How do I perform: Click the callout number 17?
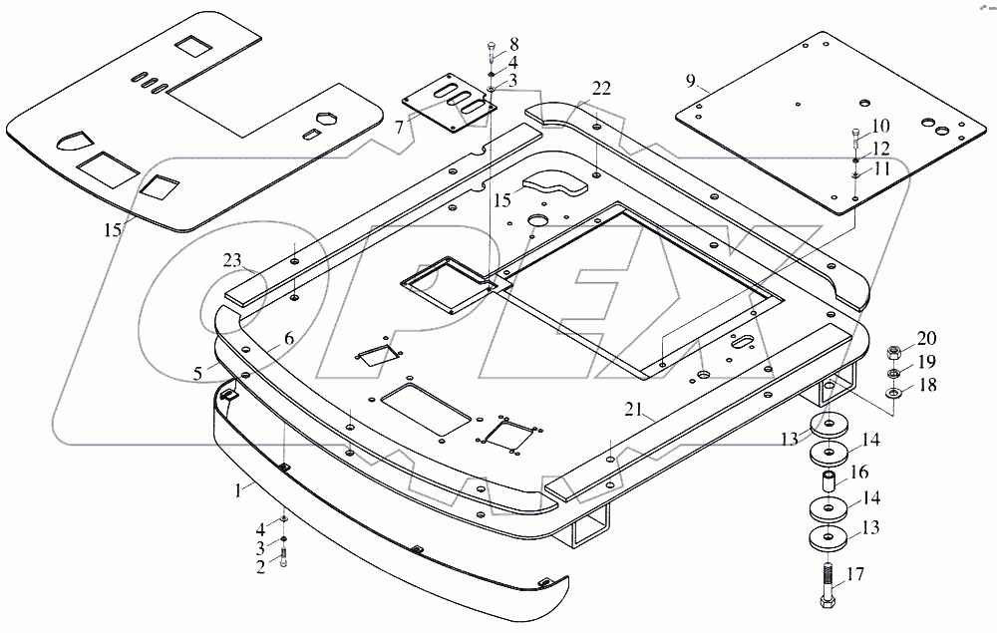pos(855,574)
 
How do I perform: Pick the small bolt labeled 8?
pos(492,48)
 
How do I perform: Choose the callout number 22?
pos(600,89)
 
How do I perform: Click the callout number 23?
pos(231,262)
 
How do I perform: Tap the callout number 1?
pos(237,489)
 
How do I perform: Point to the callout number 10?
pos(881,126)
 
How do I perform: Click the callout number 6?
pos(288,338)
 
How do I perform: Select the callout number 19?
pos(926,361)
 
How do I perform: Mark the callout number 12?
pos(881,148)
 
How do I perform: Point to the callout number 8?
pos(513,44)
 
